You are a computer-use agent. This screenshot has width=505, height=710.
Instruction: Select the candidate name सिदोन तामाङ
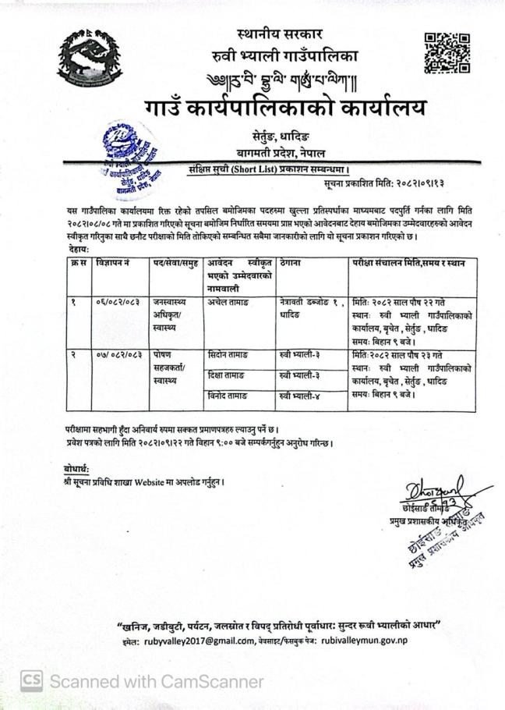pyautogui.click(x=228, y=356)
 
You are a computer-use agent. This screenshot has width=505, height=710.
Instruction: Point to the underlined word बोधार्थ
pyautogui.click(x=78, y=468)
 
